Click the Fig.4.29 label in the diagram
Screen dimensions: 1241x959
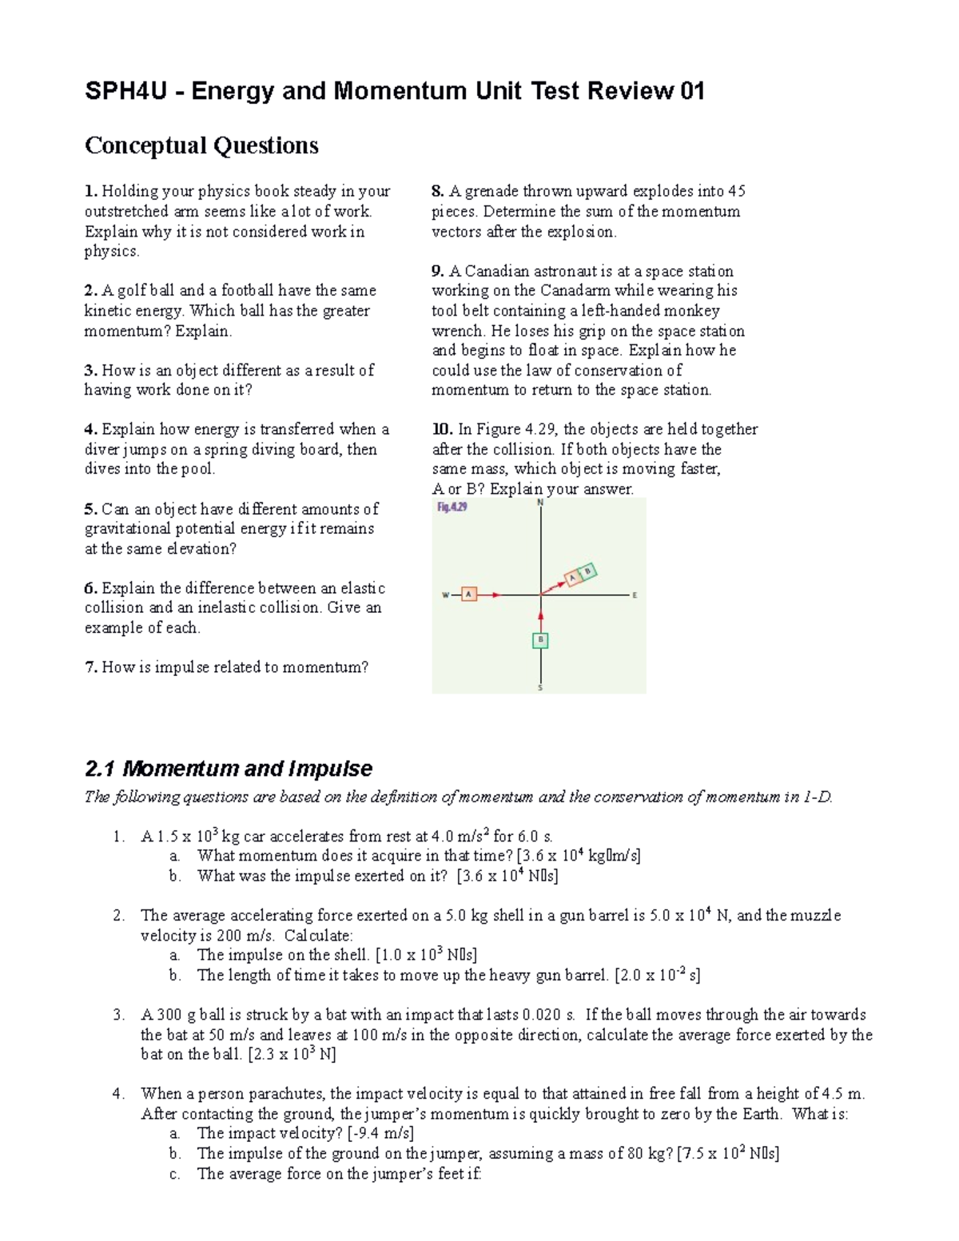[452, 507]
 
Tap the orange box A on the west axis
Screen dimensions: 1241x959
[469, 594]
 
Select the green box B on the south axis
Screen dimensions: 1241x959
[541, 640]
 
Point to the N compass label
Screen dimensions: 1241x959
[540, 503]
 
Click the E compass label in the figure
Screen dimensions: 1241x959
[635, 595]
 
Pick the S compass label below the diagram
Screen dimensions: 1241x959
[540, 688]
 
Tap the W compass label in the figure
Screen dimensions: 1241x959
[445, 595]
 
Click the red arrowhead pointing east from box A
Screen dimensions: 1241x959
[496, 595]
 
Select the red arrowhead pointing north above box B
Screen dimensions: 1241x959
[541, 615]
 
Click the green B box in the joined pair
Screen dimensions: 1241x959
[588, 571]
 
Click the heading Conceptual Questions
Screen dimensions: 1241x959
[201, 145]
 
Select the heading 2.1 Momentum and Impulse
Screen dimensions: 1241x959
[228, 769]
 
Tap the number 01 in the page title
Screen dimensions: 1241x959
[692, 91]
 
